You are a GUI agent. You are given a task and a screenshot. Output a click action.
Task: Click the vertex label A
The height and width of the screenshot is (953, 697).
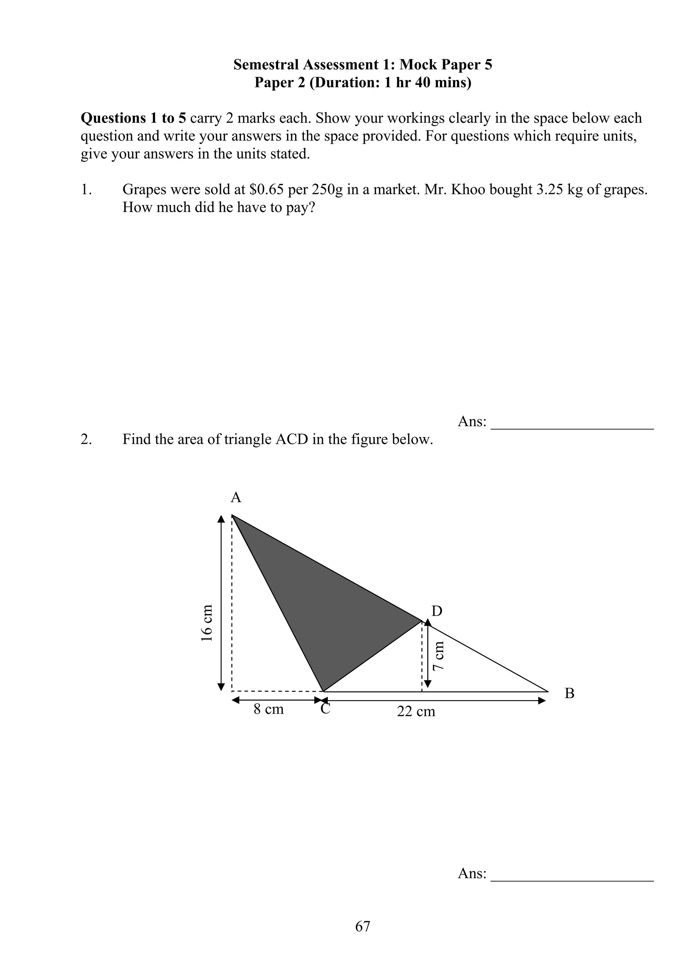click(236, 498)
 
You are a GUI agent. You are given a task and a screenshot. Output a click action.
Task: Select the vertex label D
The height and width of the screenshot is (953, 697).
click(437, 611)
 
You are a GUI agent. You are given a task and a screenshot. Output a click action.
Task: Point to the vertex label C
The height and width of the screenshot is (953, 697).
click(325, 709)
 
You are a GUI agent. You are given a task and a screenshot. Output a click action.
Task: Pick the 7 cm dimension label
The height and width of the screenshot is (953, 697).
click(439, 656)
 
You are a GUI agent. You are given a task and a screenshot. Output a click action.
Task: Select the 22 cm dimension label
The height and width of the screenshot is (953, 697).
click(416, 711)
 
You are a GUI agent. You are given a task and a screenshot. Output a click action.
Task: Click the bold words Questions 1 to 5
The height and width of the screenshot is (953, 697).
click(133, 118)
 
